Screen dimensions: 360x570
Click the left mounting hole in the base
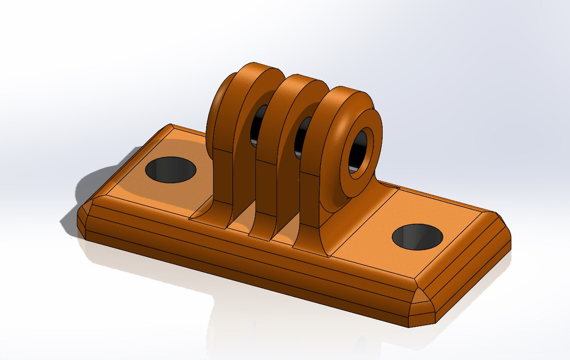(170, 170)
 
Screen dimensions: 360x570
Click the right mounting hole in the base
(417, 237)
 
